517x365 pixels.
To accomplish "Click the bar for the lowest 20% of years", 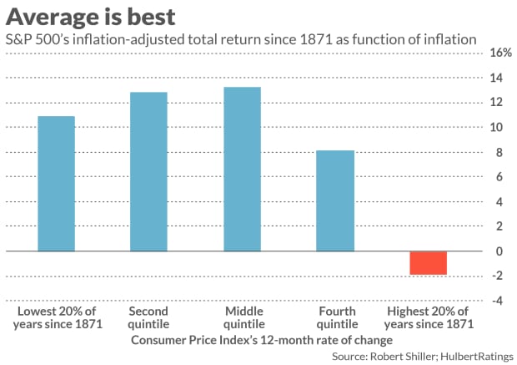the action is point(57,184).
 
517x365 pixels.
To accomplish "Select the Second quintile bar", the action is point(148,172).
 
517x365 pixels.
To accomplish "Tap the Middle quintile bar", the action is point(243,169).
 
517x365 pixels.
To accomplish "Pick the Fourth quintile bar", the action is point(335,200).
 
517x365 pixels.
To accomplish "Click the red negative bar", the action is point(429,263).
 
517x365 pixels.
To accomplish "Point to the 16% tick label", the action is point(501,53).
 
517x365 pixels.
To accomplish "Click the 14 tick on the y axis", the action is point(496,78).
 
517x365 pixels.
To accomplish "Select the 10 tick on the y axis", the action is point(496,127).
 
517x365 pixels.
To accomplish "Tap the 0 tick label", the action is point(499,251).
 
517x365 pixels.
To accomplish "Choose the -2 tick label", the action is point(497,276).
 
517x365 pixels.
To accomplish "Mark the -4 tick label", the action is point(497,301).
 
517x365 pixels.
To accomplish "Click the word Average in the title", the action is point(51,18).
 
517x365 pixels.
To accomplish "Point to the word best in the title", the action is point(151,17).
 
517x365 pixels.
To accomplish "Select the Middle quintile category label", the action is point(244,317).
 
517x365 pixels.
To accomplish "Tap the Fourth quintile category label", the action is point(337,317).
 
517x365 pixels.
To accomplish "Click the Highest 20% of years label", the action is point(429,317).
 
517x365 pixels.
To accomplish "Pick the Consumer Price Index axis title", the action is point(262,340).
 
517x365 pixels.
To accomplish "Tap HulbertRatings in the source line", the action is point(477,357).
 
